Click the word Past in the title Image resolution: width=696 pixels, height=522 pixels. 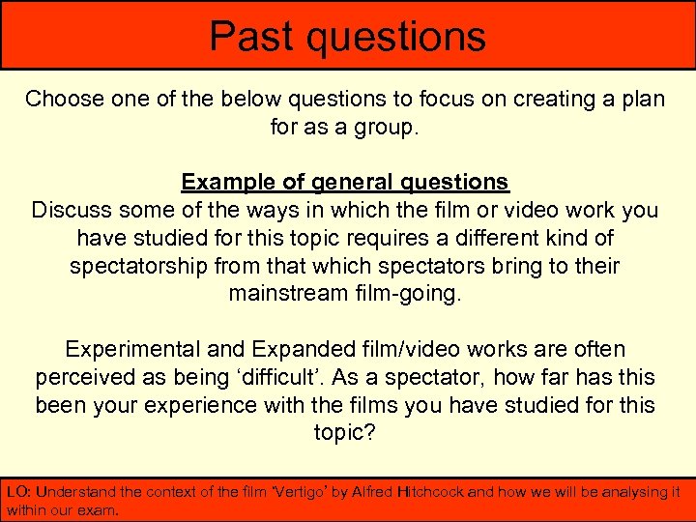pos(250,36)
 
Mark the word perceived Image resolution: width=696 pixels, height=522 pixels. pos(85,377)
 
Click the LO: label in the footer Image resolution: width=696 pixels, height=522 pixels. pos(18,492)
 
